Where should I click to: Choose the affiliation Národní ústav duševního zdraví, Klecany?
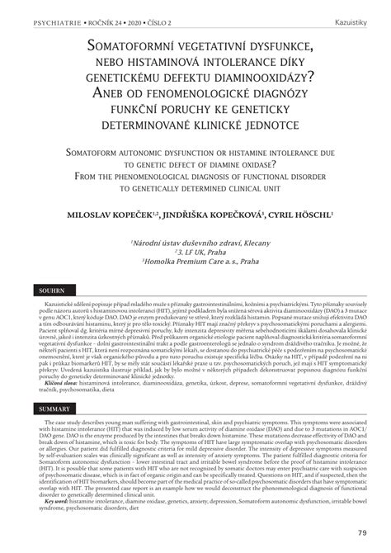pyautogui.click(x=195, y=242)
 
